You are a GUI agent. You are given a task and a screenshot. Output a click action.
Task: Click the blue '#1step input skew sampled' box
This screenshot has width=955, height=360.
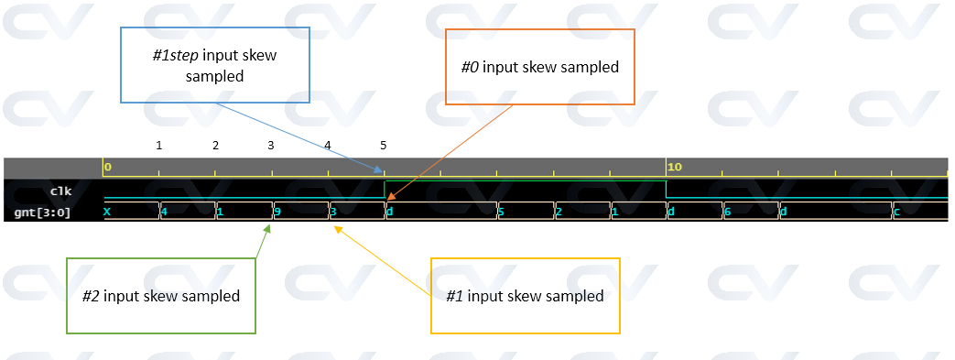(215, 65)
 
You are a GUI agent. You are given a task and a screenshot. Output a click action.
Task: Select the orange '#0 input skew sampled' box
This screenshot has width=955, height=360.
(539, 67)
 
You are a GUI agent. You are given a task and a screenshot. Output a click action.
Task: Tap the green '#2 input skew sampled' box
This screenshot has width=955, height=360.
(161, 296)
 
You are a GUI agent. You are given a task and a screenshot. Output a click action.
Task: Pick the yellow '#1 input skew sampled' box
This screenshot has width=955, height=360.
(525, 296)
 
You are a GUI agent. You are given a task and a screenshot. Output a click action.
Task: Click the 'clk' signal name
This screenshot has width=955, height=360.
(60, 191)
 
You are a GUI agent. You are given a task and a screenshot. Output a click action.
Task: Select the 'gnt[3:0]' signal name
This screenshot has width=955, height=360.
(42, 213)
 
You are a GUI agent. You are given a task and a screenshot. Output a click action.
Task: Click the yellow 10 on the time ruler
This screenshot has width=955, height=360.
(675, 167)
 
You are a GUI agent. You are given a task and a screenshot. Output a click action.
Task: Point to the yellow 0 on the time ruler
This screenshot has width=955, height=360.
(108, 167)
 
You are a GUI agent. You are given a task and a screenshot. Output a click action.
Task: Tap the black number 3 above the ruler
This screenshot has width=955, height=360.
(271, 145)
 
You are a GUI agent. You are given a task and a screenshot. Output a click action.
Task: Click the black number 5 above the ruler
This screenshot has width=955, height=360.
(384, 145)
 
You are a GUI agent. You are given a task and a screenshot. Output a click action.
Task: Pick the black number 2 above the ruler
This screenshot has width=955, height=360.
(215, 145)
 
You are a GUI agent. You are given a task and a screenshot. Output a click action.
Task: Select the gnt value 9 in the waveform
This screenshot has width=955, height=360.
(277, 212)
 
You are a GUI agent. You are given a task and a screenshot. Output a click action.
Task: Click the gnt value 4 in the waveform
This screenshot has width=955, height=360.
(164, 212)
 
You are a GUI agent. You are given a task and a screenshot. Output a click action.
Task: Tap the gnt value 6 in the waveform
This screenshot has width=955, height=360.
(727, 212)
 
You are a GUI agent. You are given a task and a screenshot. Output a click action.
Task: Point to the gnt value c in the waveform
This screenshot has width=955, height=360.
(896, 212)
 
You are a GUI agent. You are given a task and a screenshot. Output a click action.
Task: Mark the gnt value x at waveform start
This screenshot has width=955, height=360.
(107, 212)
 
